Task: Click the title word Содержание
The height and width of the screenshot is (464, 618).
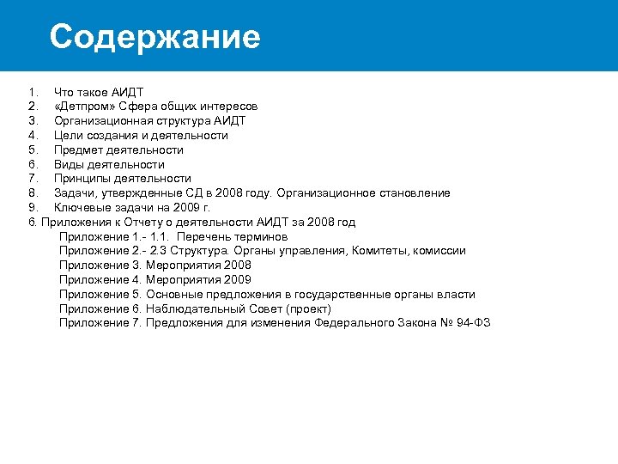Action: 154,37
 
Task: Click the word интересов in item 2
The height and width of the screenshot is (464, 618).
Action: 227,107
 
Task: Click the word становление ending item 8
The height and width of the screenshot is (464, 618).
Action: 414,193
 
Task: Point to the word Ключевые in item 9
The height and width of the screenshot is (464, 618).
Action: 83,208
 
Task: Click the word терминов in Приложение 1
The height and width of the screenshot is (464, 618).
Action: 261,236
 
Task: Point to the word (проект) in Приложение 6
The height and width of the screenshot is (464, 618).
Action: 308,308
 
